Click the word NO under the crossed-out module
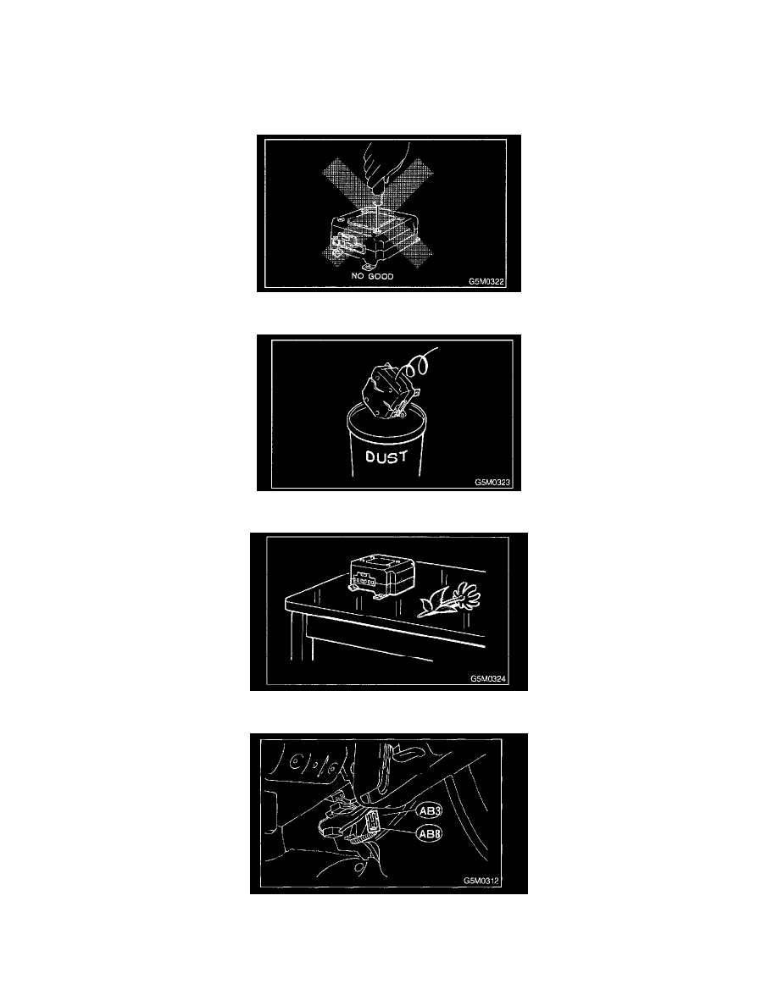coord(358,276)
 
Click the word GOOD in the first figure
coord(381,276)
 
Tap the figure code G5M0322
coord(486,282)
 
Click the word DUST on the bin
coord(386,456)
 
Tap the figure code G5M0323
coord(492,482)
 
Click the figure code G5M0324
coord(488,679)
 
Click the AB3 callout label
coord(430,811)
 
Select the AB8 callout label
coord(430,834)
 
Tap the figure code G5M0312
coord(481,881)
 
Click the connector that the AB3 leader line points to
coord(372,821)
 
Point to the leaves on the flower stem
coord(431,605)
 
